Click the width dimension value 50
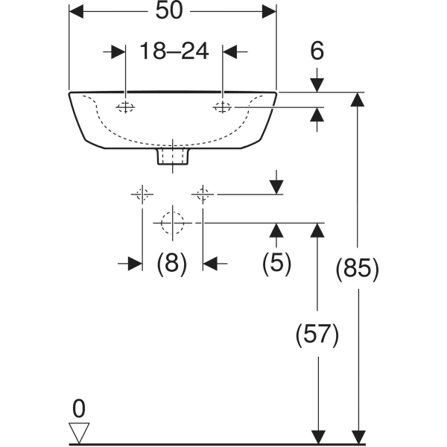tap(172, 12)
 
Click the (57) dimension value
tap(318, 335)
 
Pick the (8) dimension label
tap(171, 263)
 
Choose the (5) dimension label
tap(276, 263)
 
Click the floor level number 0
tap(79, 408)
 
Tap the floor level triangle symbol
tap(79, 431)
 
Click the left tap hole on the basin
tap(125, 107)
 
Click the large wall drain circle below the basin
tap(172, 223)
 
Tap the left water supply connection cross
tap(142, 195)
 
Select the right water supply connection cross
tap(202, 195)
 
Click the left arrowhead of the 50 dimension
tap(76, 12)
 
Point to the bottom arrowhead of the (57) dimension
tap(318, 437)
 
